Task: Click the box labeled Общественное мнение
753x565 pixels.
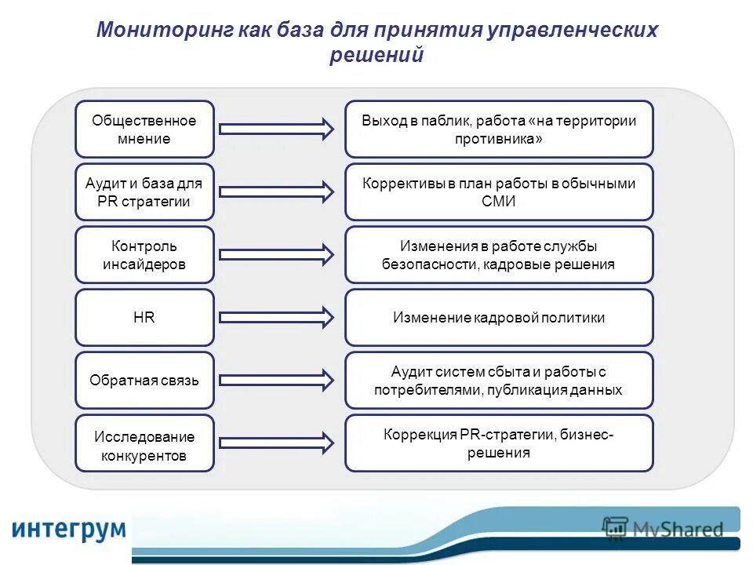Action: pos(144,129)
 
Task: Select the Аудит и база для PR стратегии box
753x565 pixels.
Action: pos(144,192)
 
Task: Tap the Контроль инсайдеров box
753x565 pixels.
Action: pos(144,255)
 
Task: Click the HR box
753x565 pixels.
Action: pos(144,318)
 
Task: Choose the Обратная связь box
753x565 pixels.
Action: pos(144,381)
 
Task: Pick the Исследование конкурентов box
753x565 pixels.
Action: pos(144,443)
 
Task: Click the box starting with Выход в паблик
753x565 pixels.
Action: pos(499,129)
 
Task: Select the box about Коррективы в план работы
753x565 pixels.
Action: pos(499,192)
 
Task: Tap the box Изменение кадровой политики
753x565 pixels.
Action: pos(499,318)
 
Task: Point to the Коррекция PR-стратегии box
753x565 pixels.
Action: pos(499,443)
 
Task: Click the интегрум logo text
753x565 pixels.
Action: pos(68,527)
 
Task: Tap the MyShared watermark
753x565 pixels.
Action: pos(663,529)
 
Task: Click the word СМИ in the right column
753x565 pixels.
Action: pos(499,202)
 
